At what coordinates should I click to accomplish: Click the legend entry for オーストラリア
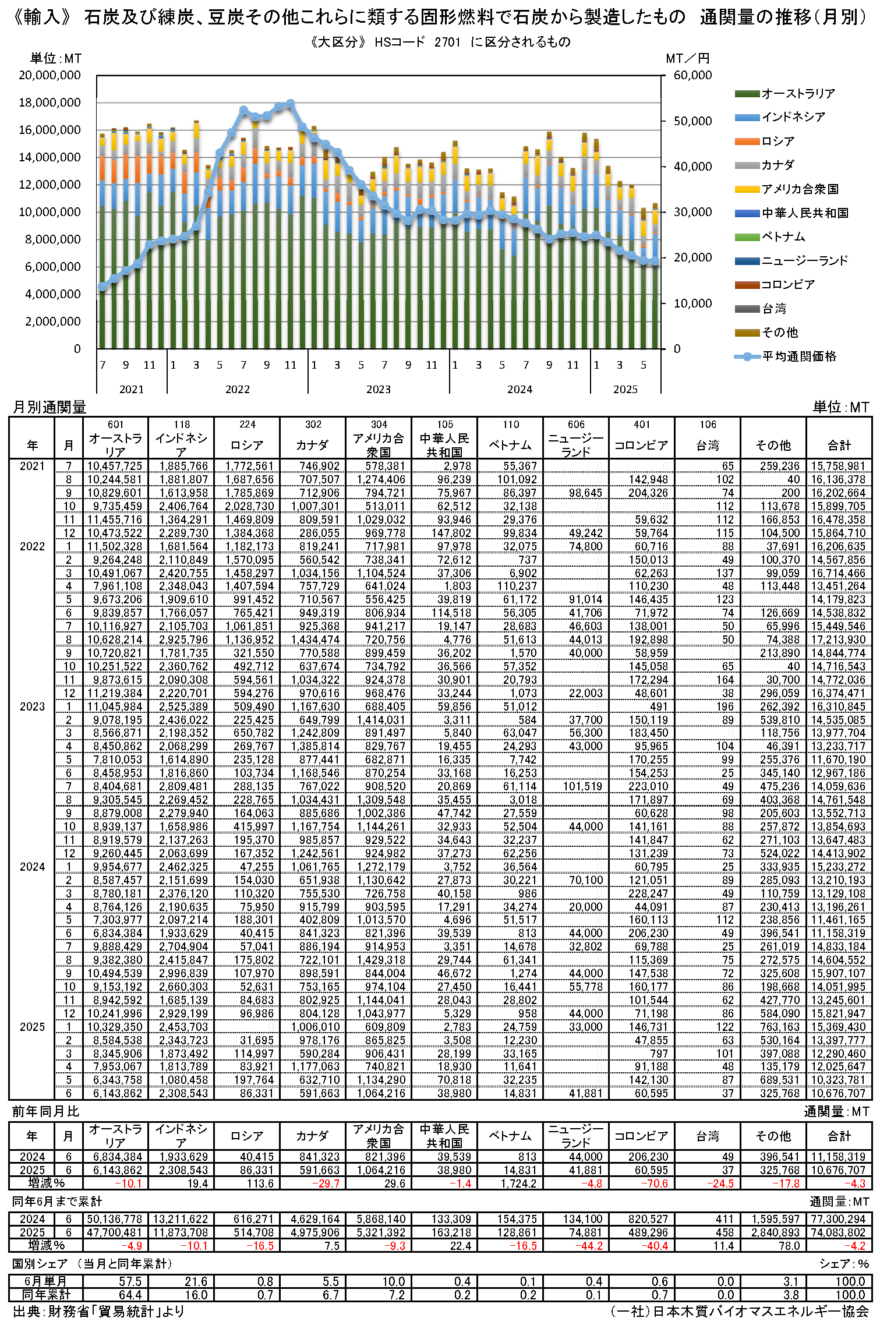798,94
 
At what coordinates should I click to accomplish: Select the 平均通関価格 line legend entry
798,356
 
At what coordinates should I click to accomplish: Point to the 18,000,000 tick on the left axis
50,103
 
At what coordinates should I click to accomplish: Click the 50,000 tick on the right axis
692,121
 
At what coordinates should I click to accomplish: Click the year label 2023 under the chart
379,389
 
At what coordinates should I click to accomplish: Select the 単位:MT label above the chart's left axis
56,58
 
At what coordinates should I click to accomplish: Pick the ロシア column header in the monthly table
247,445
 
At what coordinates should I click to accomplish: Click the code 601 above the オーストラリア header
116,425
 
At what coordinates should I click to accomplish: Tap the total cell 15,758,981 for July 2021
839,466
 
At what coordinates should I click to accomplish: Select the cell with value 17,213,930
839,639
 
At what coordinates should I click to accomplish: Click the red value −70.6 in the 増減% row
655,1183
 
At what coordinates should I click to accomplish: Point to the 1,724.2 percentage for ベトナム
518,1183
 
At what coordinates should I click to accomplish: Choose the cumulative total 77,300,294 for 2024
839,1219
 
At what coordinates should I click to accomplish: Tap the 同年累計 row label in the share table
46,1294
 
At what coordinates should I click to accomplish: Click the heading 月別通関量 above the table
50,407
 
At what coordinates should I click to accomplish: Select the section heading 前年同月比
45,1111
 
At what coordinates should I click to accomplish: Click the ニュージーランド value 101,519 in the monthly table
582,786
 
